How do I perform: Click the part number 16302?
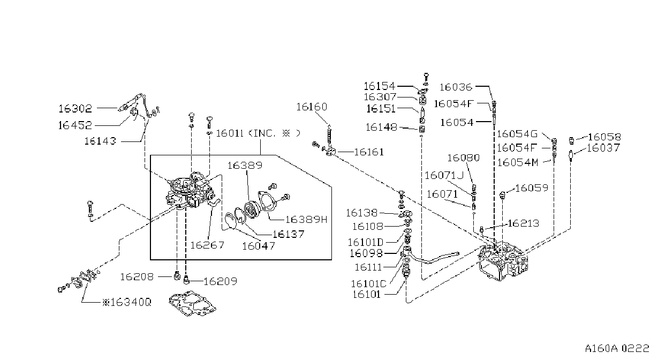tap(75, 109)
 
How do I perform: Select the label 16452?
tap(75, 125)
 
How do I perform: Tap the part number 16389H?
tap(306, 220)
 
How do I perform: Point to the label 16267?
tap(207, 245)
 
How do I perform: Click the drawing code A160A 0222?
tap(617, 349)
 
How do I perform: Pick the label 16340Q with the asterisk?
tap(127, 302)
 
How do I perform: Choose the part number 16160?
tap(312, 107)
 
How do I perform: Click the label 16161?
tap(369, 152)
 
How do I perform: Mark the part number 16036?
tap(456, 87)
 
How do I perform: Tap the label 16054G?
tap(517, 134)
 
